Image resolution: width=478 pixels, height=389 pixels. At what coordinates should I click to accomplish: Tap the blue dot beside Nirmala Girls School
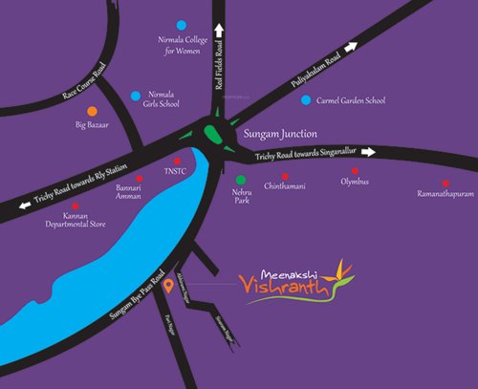[x=133, y=96]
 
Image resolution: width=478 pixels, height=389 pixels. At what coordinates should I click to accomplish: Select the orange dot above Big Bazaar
[x=92, y=111]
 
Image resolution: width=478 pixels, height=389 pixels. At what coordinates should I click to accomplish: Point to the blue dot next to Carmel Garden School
[x=305, y=99]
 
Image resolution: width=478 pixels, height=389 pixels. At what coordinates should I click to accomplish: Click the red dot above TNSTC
[x=177, y=161]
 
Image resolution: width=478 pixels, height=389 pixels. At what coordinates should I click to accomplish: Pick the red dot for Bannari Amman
[x=140, y=178]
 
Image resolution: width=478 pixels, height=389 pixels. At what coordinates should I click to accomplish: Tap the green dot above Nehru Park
[x=240, y=179]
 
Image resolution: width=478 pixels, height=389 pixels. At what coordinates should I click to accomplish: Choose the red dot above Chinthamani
[x=284, y=175]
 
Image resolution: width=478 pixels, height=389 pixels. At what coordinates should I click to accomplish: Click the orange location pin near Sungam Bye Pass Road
[x=168, y=284]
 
